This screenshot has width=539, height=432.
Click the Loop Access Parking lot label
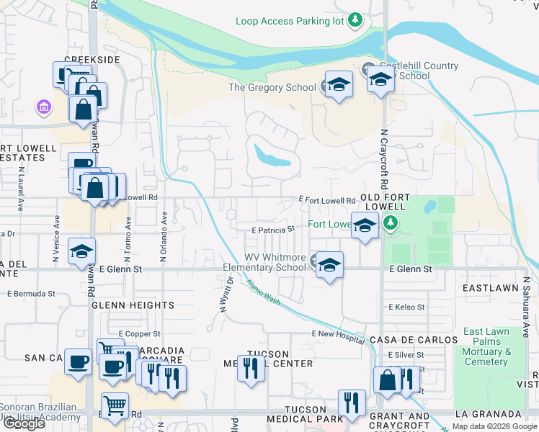pos(290,21)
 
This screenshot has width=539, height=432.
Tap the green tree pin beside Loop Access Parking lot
pos(355,20)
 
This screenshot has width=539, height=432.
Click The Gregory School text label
pos(272,87)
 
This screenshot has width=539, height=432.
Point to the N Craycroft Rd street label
pos(384,160)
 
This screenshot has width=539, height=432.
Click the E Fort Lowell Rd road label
pos(327,200)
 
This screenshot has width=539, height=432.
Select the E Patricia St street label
pos(273,230)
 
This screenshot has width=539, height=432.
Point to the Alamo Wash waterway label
pos(263,292)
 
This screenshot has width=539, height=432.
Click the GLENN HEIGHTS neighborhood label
pos(133,305)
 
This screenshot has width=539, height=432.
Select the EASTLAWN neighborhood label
pos(491,288)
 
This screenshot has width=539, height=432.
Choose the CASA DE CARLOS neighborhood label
pos(414,340)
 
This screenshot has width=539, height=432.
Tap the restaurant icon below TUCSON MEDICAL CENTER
pos(251,369)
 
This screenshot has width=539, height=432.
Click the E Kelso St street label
pos(406,307)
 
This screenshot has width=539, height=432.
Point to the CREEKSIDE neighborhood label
pos(92,60)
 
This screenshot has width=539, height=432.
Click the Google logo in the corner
pos(24,423)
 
